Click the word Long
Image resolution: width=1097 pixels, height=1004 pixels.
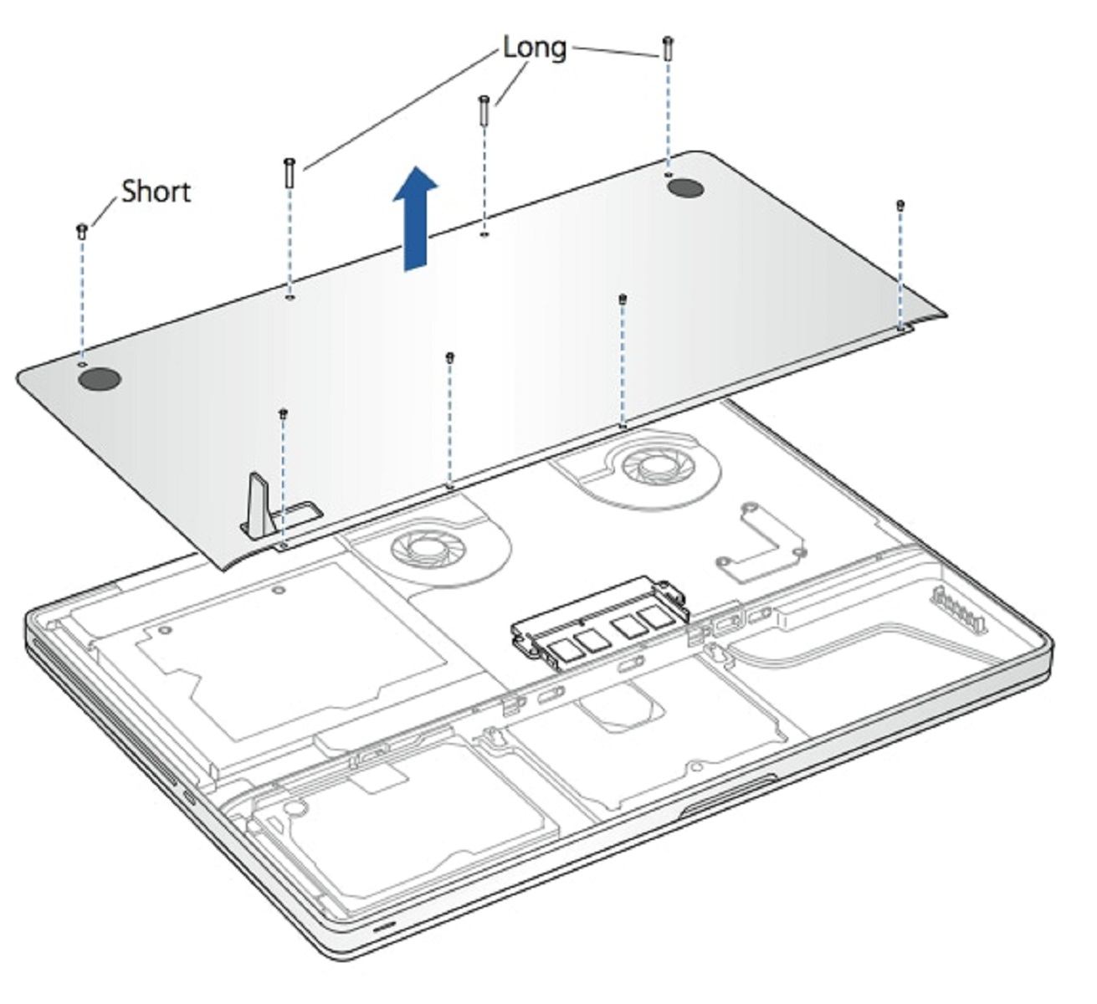click(534, 48)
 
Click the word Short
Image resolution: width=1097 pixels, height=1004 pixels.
click(156, 192)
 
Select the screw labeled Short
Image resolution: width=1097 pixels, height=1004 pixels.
click(82, 231)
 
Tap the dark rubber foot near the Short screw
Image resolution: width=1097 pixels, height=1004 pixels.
click(100, 380)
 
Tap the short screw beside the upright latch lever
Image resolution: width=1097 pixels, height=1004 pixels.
click(284, 413)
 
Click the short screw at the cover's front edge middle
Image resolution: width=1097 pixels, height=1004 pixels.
click(450, 358)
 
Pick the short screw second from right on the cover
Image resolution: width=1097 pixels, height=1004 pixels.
click(622, 300)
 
